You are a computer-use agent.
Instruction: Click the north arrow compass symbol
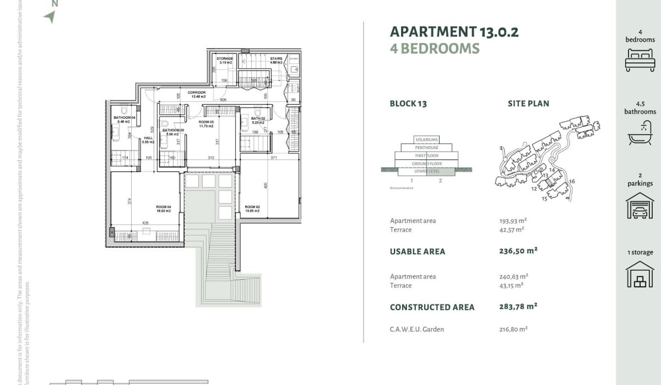tap(50, 17)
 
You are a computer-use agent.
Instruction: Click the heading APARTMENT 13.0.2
tap(454, 31)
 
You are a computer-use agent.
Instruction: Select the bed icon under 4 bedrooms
tap(640, 59)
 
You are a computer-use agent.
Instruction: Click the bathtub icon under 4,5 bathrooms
tap(640, 132)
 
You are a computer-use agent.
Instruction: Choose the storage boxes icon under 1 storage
tap(640, 274)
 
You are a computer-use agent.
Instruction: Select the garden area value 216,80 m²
tap(513, 329)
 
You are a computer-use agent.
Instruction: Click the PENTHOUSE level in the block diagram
tap(427, 148)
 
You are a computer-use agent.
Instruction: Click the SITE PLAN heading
tap(528, 104)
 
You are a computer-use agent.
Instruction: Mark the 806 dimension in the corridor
tap(224, 99)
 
